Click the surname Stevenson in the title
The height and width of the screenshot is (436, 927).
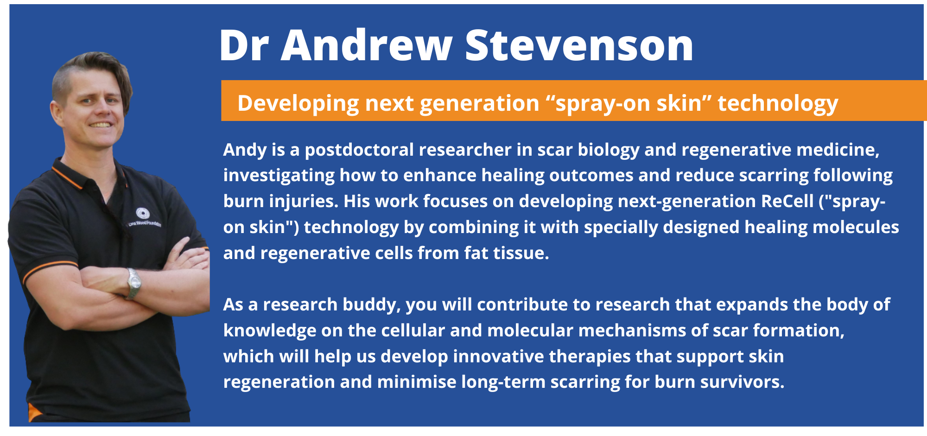click(579, 45)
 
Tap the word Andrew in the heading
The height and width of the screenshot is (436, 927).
click(366, 45)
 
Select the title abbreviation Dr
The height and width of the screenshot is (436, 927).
click(244, 45)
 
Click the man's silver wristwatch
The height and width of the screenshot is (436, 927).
click(133, 283)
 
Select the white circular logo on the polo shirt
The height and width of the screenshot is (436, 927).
click(142, 213)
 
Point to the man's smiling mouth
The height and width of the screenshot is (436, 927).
click(101, 125)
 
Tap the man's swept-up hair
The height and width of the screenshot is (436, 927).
click(93, 70)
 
